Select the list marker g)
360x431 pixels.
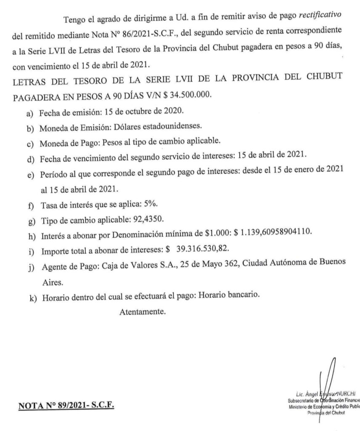click(30, 221)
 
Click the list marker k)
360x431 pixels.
click(30, 296)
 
